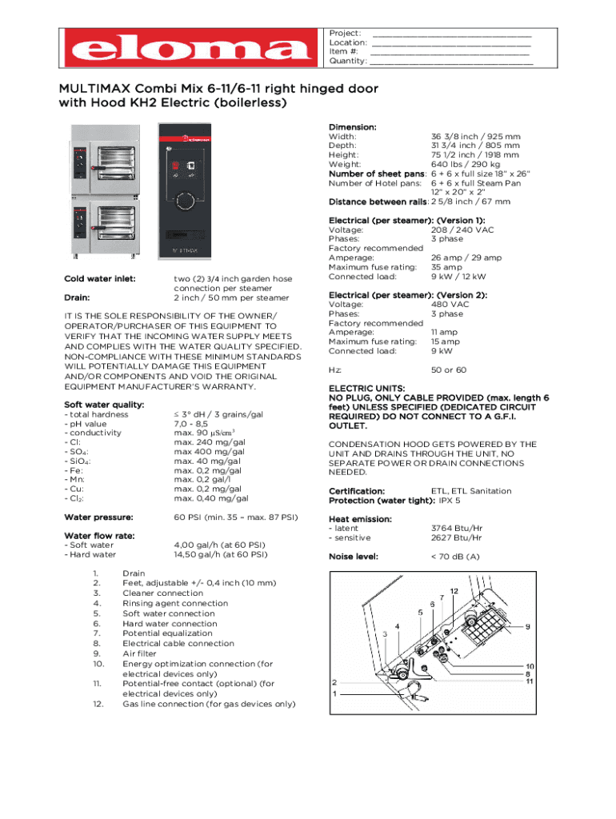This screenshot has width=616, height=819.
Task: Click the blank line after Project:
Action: click(451, 34)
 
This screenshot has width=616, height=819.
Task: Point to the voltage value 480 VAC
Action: click(450, 304)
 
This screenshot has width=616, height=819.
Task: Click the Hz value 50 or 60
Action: click(449, 370)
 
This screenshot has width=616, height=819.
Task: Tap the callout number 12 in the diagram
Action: click(453, 591)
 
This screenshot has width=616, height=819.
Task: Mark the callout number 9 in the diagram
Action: click(527, 626)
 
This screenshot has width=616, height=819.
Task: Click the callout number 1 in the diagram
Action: click(334, 695)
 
